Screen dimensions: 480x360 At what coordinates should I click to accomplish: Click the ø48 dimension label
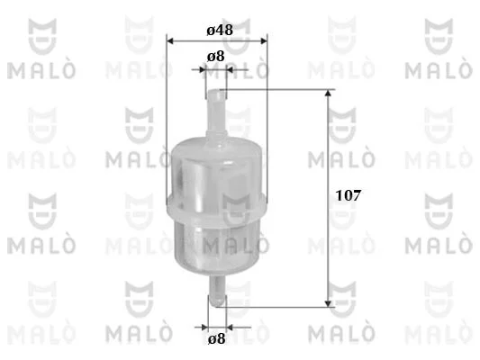pyautogui.click(x=220, y=30)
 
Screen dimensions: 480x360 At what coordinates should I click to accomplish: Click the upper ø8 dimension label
pyautogui.click(x=216, y=57)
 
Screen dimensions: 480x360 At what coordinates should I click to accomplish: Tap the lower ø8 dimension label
pyautogui.click(x=216, y=339)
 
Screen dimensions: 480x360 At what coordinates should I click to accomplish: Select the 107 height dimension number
pyautogui.click(x=349, y=195)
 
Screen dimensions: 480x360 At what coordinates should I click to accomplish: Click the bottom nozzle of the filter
pyautogui.click(x=217, y=291)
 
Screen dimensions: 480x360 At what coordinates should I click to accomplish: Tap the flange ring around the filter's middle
pyautogui.click(x=216, y=207)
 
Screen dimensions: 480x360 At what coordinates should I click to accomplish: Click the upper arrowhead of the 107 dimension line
pyautogui.click(x=328, y=93)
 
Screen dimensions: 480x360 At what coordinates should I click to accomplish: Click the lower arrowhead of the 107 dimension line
pyautogui.click(x=328, y=303)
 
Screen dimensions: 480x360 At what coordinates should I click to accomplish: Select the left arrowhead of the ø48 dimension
pyautogui.click(x=170, y=41)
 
